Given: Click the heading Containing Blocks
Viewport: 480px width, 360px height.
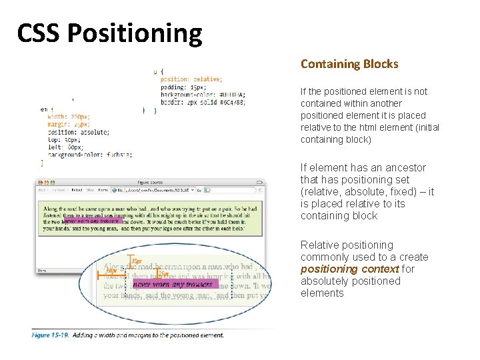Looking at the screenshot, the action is [x=349, y=64].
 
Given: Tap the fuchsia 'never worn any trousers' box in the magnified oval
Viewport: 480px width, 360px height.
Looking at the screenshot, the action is [x=171, y=285].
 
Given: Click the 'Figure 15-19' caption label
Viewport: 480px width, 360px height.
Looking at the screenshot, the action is [x=51, y=335].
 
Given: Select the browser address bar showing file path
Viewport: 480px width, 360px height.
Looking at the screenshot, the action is [x=160, y=189].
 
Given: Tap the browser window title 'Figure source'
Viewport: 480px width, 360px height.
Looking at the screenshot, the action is [x=150, y=181].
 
